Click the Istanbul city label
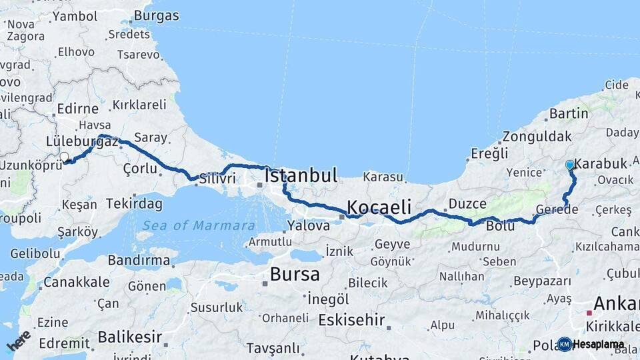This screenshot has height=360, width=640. (x=301, y=176)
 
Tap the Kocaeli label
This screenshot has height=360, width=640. (x=378, y=206)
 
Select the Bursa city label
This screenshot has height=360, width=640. (x=295, y=274)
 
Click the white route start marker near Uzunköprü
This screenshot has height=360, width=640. (x=65, y=157)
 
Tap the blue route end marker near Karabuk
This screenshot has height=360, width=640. (x=569, y=165)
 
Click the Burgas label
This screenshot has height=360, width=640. (x=156, y=15)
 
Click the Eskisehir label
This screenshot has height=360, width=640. (x=351, y=320)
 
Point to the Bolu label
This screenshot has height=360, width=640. (x=501, y=226)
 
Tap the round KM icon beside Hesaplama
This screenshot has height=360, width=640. (x=565, y=344)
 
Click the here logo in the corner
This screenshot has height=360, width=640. (x=18, y=341)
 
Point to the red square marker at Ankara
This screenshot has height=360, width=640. (x=589, y=312)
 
